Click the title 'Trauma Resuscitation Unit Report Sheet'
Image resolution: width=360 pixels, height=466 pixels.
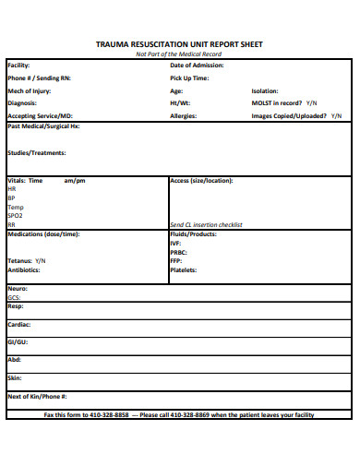pyautogui.click(x=179, y=43)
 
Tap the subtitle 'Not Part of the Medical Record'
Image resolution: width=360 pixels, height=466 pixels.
pyautogui.click(x=179, y=54)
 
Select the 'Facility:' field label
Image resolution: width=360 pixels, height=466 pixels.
pyautogui.click(x=18, y=66)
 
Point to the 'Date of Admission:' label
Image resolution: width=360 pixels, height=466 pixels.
pyautogui.click(x=198, y=66)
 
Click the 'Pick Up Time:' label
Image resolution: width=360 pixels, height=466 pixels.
pyautogui.click(x=189, y=78)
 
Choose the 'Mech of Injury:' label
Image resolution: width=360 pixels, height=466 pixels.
pyautogui.click(x=30, y=91)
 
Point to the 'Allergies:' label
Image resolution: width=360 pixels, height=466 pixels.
pyautogui.click(x=185, y=116)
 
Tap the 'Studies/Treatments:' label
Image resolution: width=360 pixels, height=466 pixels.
pyautogui.click(x=36, y=153)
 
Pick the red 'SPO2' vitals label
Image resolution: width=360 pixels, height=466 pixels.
pyautogui.click(x=15, y=215)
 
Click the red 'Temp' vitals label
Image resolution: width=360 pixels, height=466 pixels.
pyautogui.click(x=16, y=207)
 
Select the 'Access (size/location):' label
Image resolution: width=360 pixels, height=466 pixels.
pyautogui.click(x=201, y=181)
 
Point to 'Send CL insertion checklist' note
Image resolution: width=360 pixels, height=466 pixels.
pyautogui.click(x=206, y=224)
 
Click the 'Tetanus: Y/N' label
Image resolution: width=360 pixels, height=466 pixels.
pyautogui.click(x=27, y=261)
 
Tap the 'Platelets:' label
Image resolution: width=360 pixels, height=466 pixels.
pyautogui.click(x=184, y=270)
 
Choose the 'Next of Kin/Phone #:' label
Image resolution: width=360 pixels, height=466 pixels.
pyautogui.click(x=37, y=396)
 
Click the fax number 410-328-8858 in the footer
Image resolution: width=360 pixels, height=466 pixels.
pyautogui.click(x=110, y=415)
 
